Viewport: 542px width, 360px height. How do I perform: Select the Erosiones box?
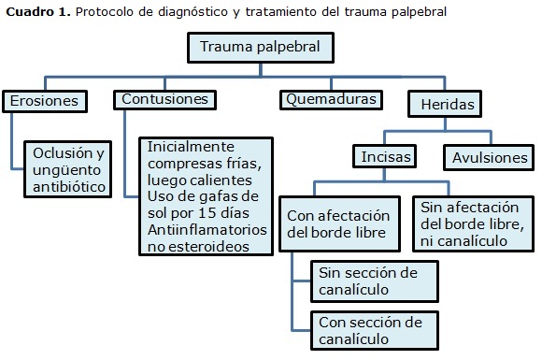point(46,100)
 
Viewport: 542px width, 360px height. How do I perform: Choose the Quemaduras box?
point(332,99)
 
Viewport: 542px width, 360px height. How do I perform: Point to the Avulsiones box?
point(490,157)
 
